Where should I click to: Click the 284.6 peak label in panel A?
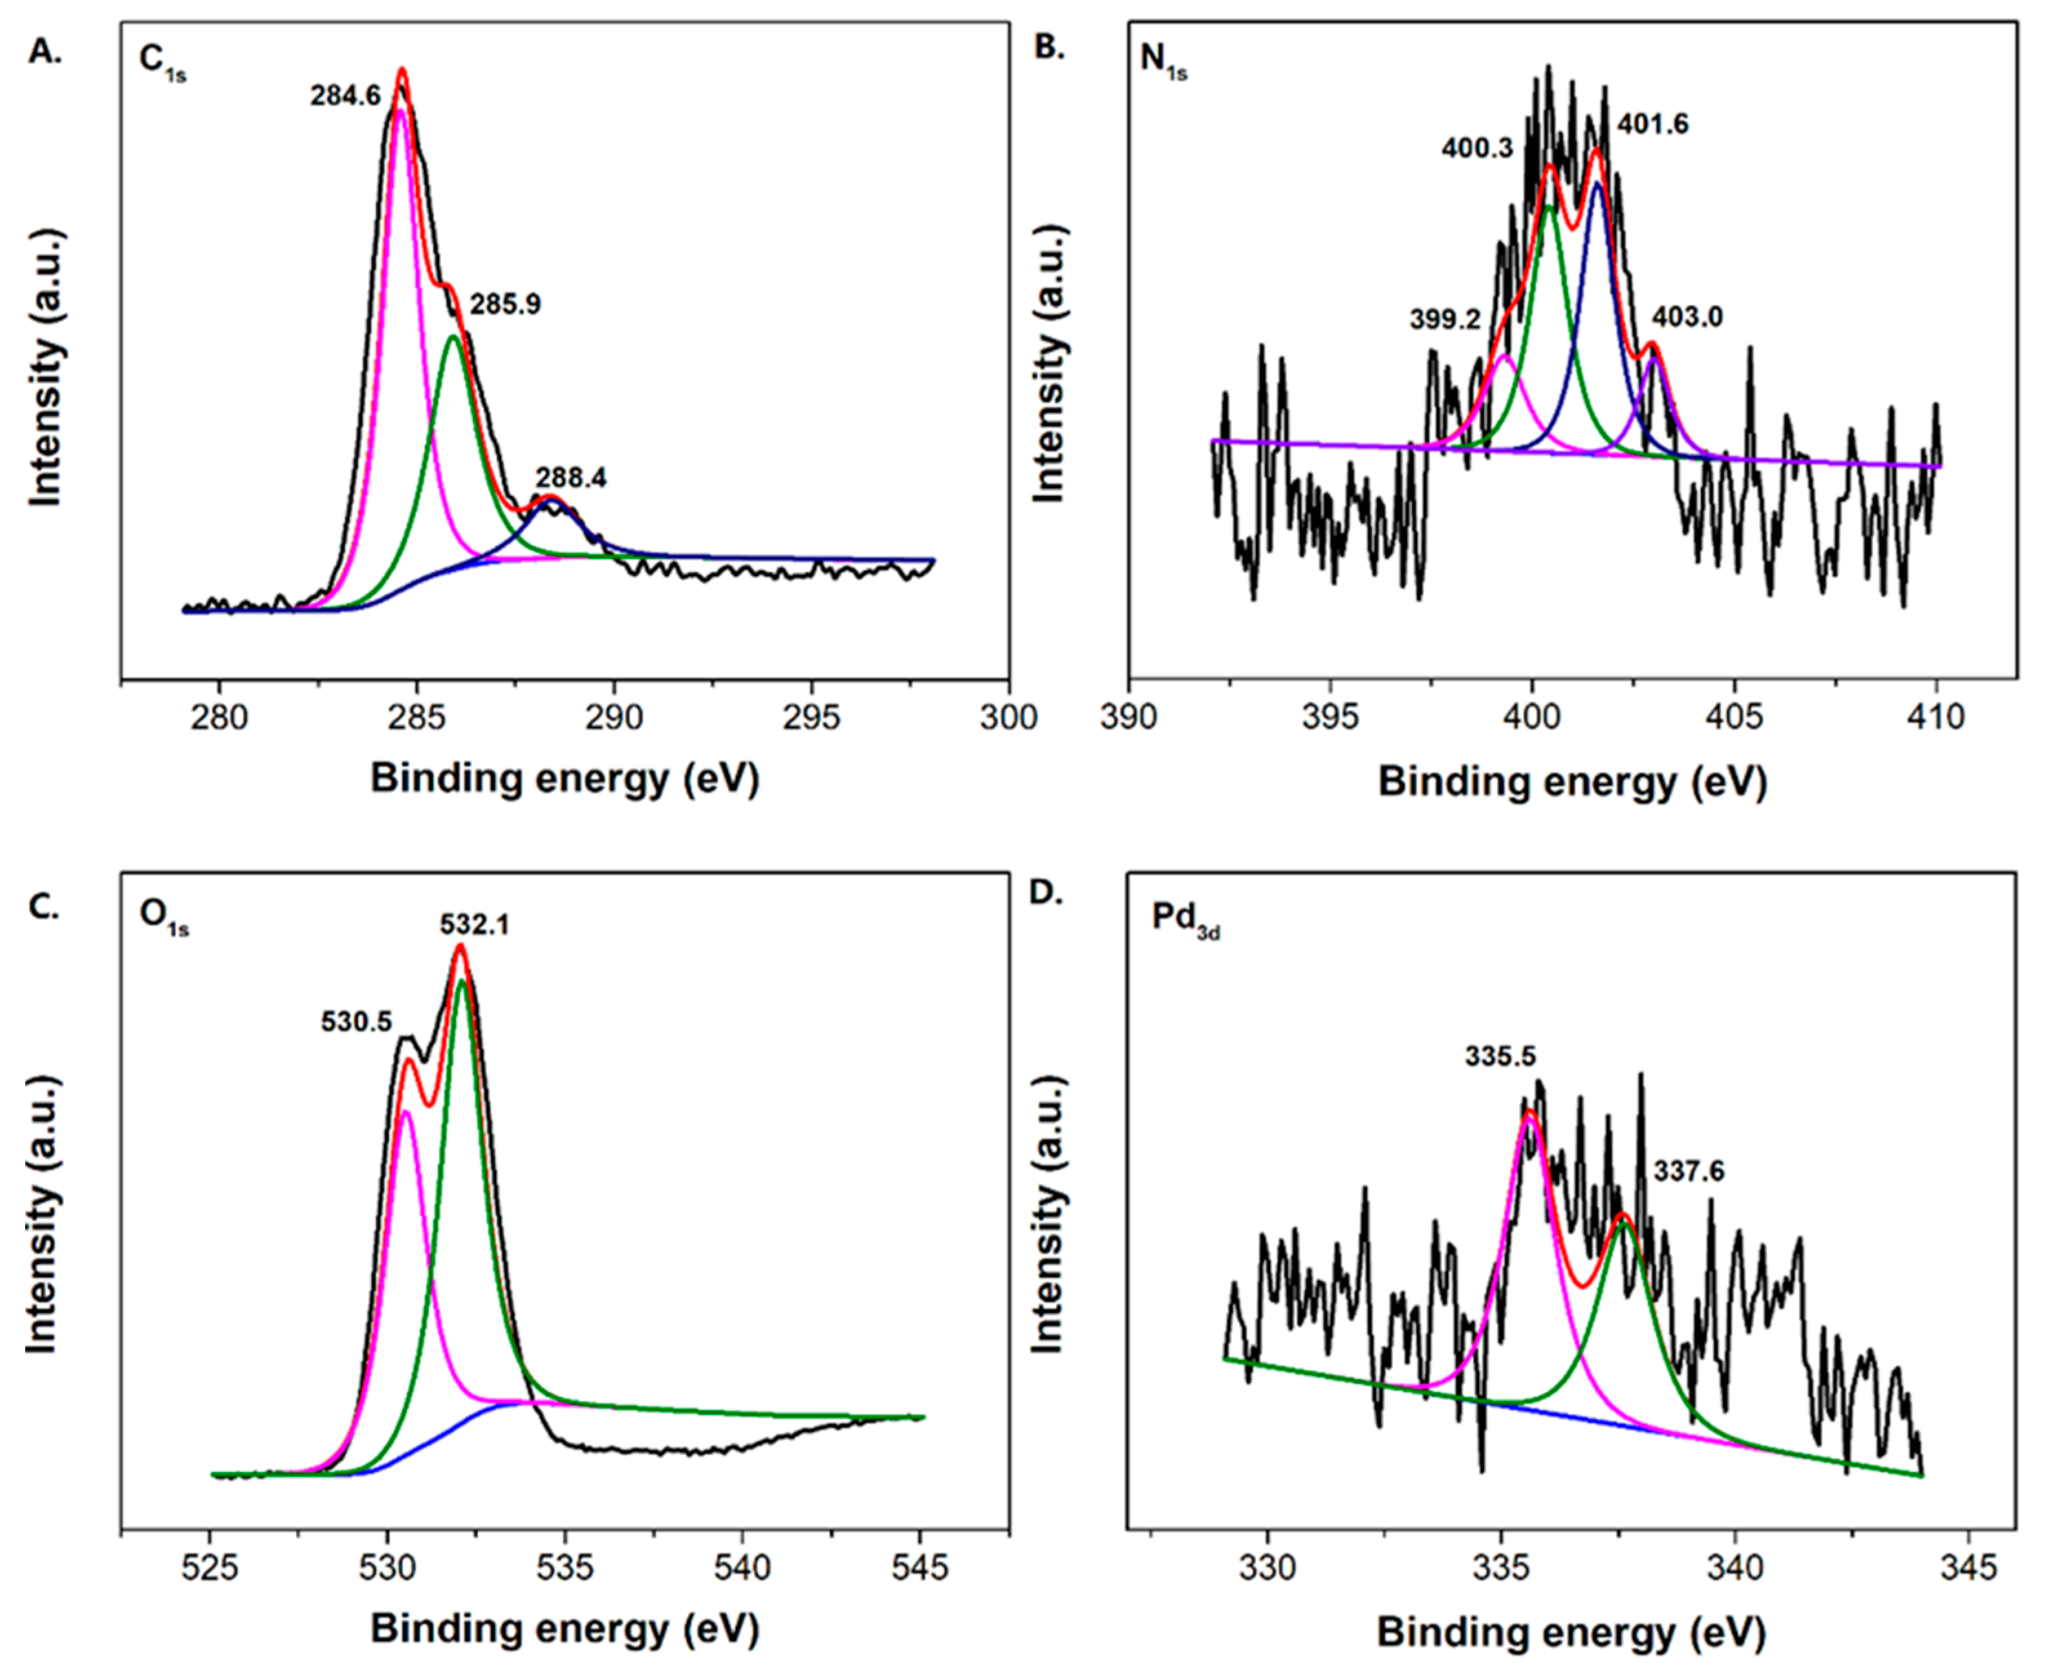click(x=345, y=95)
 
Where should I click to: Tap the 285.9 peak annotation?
click(x=505, y=304)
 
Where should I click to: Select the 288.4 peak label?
click(x=571, y=477)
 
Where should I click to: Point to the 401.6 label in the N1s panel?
click(x=1653, y=124)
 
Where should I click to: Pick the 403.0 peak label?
click(x=1687, y=317)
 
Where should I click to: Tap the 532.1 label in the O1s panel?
click(x=474, y=924)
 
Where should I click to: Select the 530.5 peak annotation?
click(x=357, y=1021)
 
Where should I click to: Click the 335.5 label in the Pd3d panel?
click(x=1499, y=1056)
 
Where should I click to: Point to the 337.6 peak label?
click(x=1689, y=1171)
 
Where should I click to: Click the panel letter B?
click(x=1049, y=47)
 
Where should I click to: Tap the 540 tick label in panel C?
click(x=742, y=1567)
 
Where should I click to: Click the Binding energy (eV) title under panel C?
click(x=565, y=1630)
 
